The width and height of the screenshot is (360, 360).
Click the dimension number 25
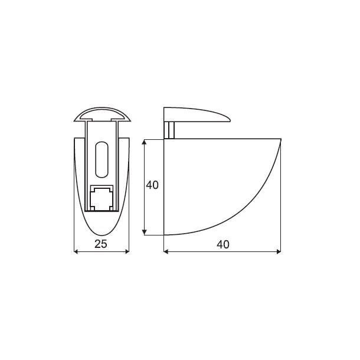(100, 244)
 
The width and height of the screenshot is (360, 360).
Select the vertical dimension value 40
(152, 185)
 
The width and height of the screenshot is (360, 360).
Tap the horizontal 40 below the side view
(222, 244)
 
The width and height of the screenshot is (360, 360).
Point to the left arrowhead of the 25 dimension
(76, 252)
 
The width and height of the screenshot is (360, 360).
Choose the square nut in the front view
(101, 198)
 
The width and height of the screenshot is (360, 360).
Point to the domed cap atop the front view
(101, 113)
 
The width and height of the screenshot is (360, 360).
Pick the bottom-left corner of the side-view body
(164, 234)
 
